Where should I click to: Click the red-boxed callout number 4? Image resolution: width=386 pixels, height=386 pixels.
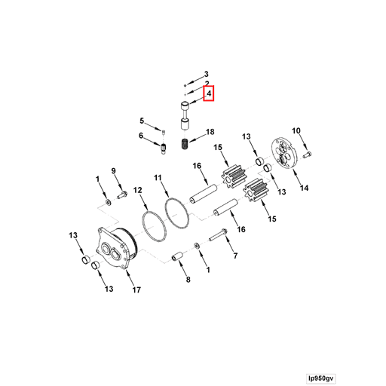pos(209,93)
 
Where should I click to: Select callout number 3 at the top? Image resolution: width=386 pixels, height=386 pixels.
pos(206,74)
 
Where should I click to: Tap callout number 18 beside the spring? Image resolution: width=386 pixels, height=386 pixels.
pos(210,131)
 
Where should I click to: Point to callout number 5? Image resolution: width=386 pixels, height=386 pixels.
pos(141,121)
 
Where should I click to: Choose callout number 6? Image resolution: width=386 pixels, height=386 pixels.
pos(141,136)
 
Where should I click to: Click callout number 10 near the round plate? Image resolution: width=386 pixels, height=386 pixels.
pos(296,131)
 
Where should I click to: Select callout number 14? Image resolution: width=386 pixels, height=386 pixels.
pos(305,188)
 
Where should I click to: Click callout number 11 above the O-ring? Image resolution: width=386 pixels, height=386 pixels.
pos(158,177)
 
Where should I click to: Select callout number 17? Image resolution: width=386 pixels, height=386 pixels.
pos(136,289)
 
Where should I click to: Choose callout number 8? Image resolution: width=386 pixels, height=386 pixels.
pos(187,280)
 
